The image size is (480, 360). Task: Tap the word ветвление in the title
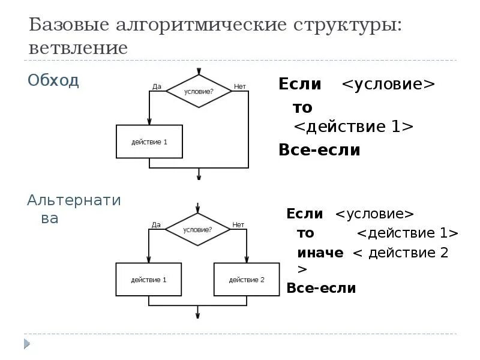pos(78,47)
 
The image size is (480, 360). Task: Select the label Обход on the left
pos(53,80)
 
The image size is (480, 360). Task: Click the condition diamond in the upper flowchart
pos(199,91)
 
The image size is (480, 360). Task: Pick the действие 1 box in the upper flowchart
pos(149,142)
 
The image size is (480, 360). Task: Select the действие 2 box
pos(247,279)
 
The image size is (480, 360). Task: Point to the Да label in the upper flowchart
pos(157,86)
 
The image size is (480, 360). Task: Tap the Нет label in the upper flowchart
pos(240,86)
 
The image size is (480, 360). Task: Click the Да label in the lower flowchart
pos(156,224)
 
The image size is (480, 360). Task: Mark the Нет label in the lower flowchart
pos(238,224)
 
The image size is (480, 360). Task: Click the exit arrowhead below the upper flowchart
pos(199,176)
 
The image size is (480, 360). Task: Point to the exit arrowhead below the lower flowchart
pos(198,314)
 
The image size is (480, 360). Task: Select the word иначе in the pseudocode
pos(320,253)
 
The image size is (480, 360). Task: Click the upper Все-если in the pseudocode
pos(319,150)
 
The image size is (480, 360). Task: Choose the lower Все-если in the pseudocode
pos(321,288)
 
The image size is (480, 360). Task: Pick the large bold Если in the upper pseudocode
pos(299,84)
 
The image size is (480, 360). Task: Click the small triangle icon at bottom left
pos(27,344)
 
